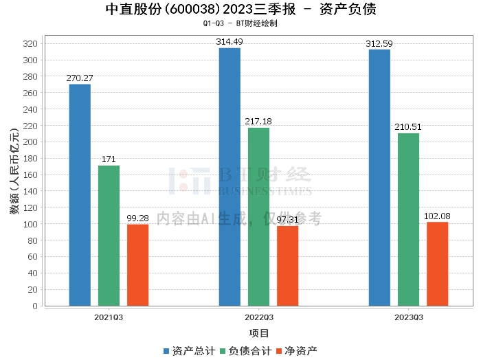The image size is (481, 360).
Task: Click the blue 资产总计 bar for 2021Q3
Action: point(80,195)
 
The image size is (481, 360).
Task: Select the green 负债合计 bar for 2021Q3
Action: point(109,236)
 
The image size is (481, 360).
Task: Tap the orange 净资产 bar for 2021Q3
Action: point(137,265)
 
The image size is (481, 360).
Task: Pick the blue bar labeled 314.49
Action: point(230,177)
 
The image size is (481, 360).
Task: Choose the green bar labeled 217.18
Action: point(258,216)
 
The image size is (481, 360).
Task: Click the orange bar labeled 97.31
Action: point(287,266)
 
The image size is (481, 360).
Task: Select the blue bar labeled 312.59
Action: point(379,177)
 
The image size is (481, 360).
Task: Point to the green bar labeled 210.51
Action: point(408,219)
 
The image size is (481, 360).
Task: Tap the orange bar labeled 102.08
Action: point(437,264)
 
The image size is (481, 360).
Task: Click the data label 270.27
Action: point(80,78)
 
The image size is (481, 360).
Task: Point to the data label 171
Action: point(109,159)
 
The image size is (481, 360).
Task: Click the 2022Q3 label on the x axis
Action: point(258,317)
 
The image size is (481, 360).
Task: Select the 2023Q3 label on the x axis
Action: point(408,317)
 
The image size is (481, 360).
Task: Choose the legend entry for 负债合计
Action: point(245,351)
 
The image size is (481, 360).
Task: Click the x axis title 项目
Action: point(258,334)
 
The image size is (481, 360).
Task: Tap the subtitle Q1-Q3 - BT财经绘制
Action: point(240,23)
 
